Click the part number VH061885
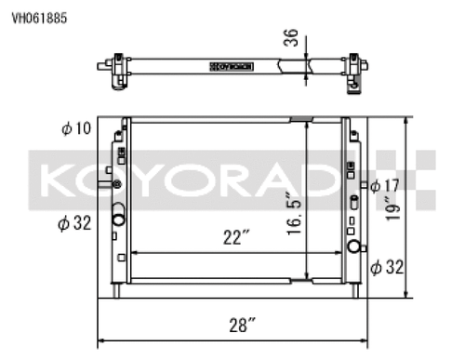click(x=39, y=17)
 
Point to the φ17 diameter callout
click(x=385, y=185)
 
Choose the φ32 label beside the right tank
click(x=385, y=268)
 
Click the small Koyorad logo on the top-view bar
click(x=231, y=66)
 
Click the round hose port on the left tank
click(x=119, y=220)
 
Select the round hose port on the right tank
click(x=354, y=247)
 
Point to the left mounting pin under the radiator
click(x=119, y=290)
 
